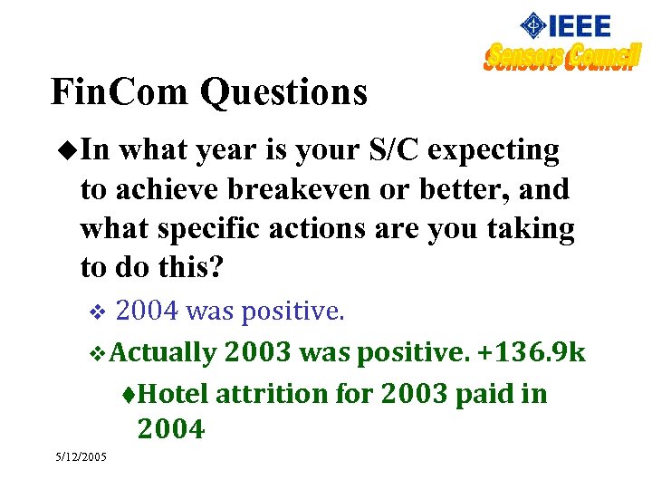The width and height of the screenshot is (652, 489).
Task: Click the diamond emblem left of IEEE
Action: pyautogui.click(x=535, y=25)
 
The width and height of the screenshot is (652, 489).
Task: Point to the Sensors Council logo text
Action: pyautogui.click(x=561, y=57)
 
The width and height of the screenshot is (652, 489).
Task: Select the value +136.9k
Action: pyautogui.click(x=531, y=352)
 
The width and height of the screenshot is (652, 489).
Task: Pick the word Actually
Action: pyautogui.click(x=165, y=352)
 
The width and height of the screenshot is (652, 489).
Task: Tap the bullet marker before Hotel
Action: pyautogui.click(x=129, y=395)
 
